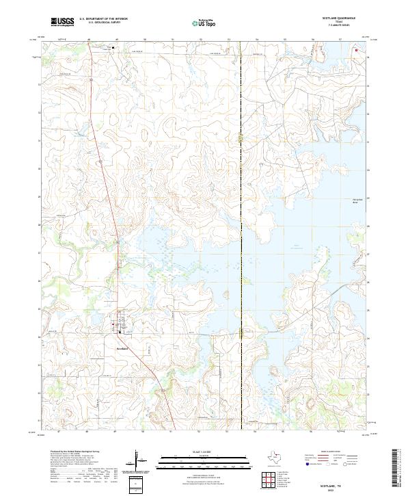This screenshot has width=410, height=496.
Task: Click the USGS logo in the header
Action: (62, 22)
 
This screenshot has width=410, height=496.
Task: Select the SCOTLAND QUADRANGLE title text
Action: (343, 19)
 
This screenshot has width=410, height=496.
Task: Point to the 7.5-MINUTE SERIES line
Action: (343, 27)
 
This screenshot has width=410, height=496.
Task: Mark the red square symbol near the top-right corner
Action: (356, 49)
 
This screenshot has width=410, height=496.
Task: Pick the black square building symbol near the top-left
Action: (113, 48)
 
